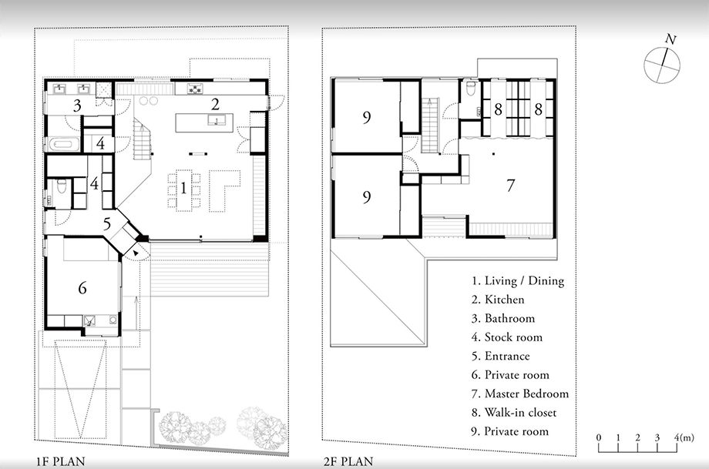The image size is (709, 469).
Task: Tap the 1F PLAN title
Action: [x=61, y=462]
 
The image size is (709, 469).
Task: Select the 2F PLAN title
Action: [x=348, y=462]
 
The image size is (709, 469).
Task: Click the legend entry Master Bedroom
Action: [x=520, y=394]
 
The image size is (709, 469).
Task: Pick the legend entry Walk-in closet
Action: [x=514, y=413]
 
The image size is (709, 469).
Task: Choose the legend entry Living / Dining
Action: [x=518, y=281]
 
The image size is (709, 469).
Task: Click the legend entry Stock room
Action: [x=507, y=337]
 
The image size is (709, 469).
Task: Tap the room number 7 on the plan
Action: [x=510, y=186]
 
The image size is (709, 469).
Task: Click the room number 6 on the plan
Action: [x=82, y=288]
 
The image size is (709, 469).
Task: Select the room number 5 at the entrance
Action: [x=107, y=223]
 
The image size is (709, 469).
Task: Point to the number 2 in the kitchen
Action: [x=215, y=105]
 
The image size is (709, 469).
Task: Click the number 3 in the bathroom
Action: [x=77, y=106]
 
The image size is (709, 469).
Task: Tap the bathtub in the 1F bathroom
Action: [x=64, y=145]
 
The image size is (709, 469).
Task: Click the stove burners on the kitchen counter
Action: [x=196, y=89]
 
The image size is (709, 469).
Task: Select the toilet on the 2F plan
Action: [x=472, y=88]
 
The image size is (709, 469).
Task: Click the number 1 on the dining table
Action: [x=183, y=187]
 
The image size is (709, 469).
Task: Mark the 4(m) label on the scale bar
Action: [x=684, y=437]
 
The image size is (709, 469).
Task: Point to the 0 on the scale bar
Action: [x=599, y=437]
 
